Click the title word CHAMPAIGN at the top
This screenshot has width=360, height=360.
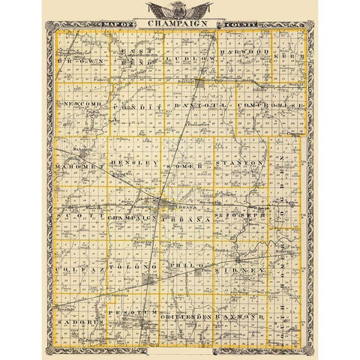pos(180,24)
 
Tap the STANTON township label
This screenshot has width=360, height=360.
pos(238,162)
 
